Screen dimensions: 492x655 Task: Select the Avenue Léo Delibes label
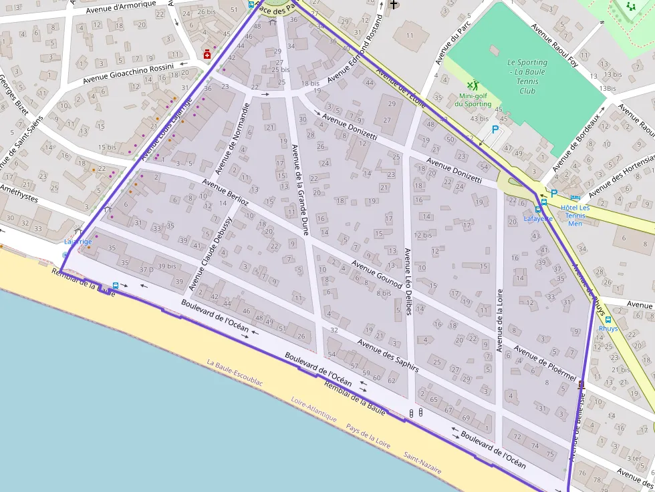pos(407,281)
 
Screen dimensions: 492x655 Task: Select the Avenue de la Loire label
pos(499,320)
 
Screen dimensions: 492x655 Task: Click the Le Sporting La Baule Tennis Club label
pos(527,76)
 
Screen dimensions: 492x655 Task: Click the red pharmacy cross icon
pos(207,54)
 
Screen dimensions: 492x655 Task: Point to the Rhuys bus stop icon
pos(608,320)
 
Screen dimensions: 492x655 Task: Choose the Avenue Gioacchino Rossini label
pos(128,73)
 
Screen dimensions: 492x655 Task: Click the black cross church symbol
pos(394,5)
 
